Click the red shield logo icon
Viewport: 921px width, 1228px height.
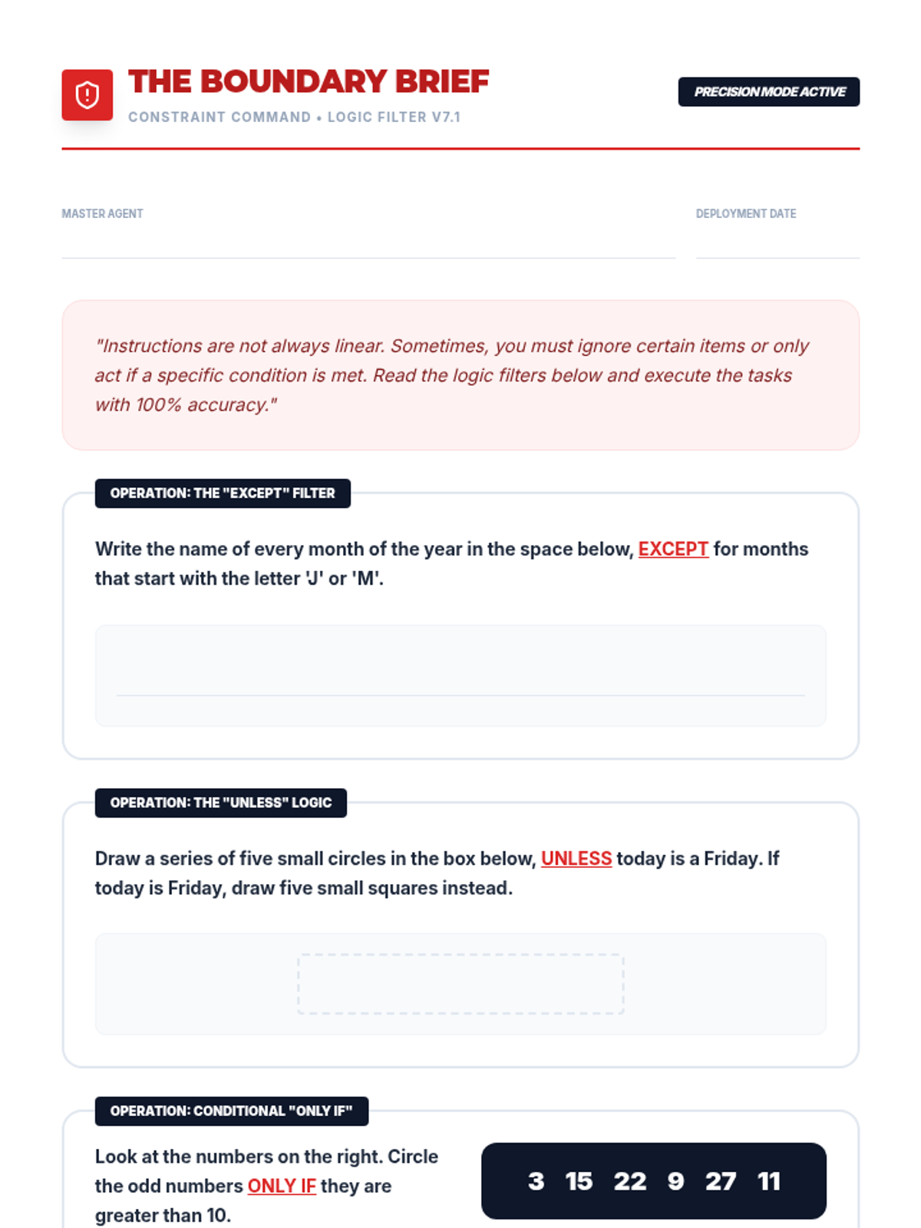(x=87, y=95)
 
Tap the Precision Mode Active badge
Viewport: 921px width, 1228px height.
(x=768, y=92)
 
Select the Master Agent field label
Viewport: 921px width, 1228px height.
(x=102, y=213)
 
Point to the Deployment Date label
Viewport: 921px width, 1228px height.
(x=745, y=213)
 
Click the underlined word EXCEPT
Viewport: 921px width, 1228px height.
(x=673, y=550)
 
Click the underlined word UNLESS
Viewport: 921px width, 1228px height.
(x=576, y=859)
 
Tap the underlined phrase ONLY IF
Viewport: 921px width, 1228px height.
(x=282, y=1187)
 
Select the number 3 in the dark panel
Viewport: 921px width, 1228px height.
(x=536, y=1181)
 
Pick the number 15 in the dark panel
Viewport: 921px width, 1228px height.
(x=579, y=1181)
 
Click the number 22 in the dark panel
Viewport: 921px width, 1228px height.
(x=630, y=1181)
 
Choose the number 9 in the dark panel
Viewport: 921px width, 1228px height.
(x=675, y=1181)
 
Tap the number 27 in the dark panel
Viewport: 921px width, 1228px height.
(x=721, y=1181)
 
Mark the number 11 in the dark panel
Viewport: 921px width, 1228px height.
(x=769, y=1181)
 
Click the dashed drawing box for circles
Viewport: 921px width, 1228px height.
(x=460, y=984)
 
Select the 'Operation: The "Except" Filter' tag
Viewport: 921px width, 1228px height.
(x=223, y=494)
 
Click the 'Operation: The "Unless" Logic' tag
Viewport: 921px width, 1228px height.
(x=221, y=803)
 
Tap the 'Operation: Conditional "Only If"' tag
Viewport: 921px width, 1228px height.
(x=231, y=1111)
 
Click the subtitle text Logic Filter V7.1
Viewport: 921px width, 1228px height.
(x=394, y=117)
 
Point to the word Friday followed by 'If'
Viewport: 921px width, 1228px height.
(x=733, y=859)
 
